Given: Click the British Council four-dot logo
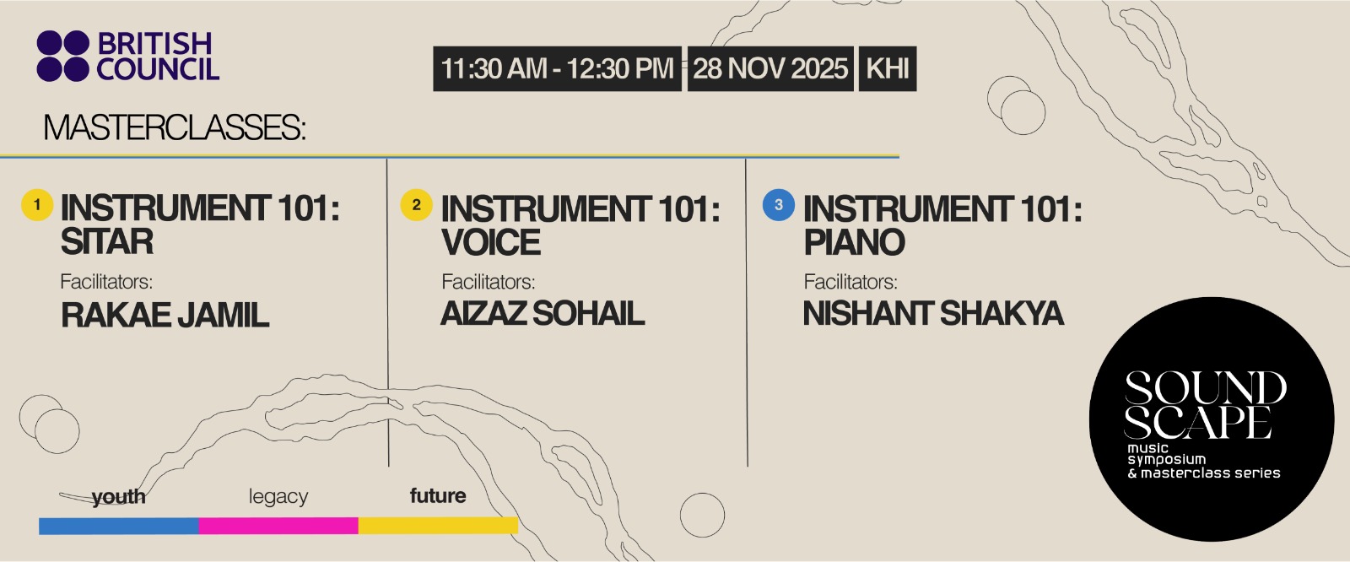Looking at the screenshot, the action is (x=62, y=56).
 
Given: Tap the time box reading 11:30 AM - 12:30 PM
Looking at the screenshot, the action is (x=557, y=68).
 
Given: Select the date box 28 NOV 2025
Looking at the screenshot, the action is (x=770, y=68).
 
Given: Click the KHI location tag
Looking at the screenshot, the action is (x=887, y=68).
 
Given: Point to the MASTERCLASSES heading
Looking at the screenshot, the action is (x=175, y=127).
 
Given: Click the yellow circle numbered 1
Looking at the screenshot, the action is (x=37, y=205).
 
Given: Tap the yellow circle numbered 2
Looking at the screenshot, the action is (x=417, y=205).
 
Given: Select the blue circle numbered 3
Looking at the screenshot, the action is (x=779, y=205).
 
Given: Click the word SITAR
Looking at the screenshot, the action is (x=106, y=241).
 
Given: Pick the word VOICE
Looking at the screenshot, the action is (x=490, y=242).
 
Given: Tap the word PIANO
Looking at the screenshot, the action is (x=854, y=242).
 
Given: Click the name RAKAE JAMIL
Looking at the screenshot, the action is (x=165, y=315).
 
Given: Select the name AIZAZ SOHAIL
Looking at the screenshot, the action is (x=543, y=314).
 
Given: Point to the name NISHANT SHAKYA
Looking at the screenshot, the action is (x=933, y=314).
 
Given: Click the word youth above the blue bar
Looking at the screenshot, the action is (x=118, y=497).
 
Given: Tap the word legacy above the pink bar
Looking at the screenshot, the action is (x=278, y=496).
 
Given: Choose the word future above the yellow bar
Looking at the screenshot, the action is (x=438, y=495).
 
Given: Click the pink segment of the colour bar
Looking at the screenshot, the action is (x=278, y=526).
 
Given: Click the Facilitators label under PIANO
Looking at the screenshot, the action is (x=850, y=282).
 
